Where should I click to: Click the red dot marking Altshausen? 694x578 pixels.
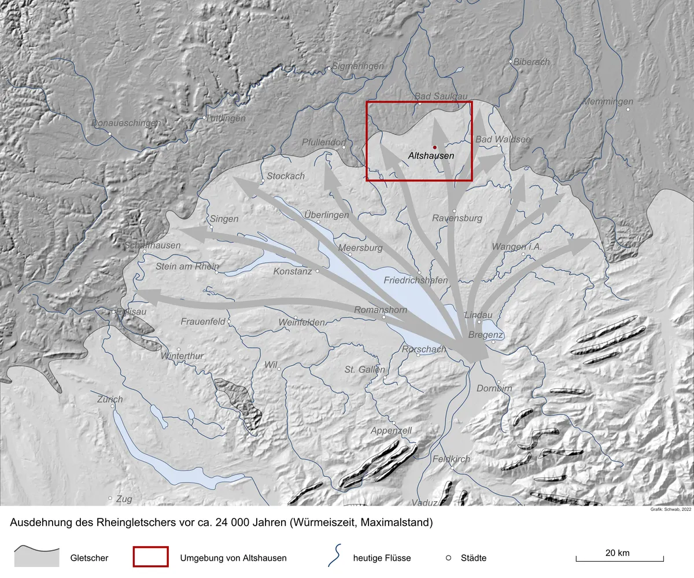(x=434, y=147)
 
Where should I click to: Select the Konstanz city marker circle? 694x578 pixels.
(x=318, y=270)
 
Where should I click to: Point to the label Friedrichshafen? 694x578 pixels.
(x=416, y=281)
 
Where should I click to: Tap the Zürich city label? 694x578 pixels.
(x=110, y=399)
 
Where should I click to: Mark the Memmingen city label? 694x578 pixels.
(x=608, y=102)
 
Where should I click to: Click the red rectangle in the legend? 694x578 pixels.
(x=150, y=557)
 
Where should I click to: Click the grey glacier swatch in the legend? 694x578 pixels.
(x=36, y=557)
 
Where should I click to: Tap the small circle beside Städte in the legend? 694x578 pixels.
(x=448, y=558)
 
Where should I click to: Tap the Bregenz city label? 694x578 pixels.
(x=486, y=335)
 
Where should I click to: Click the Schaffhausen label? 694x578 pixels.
(x=153, y=245)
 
